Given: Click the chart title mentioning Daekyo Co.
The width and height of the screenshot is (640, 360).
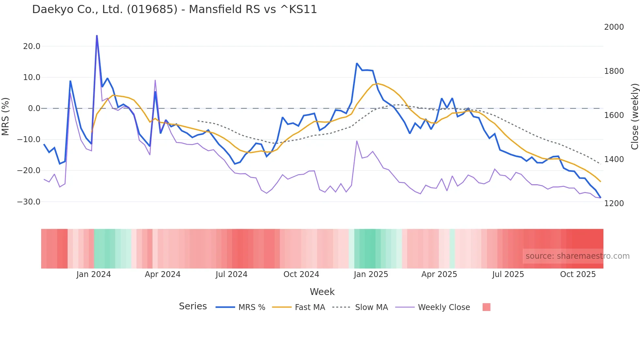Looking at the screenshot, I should pyautogui.click(x=174, y=9).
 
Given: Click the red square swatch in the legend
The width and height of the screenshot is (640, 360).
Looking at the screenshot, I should pyautogui.click(x=486, y=307).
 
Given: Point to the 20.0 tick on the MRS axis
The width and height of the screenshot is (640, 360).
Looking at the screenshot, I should pyautogui.click(x=32, y=46).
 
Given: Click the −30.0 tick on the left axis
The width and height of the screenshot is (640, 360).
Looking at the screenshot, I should pyautogui.click(x=29, y=202).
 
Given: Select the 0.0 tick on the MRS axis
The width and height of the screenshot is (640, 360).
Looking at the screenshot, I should pyautogui.click(x=34, y=108).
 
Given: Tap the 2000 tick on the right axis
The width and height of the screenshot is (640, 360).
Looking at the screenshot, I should pyautogui.click(x=614, y=27).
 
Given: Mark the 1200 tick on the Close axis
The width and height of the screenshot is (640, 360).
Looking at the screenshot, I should pyautogui.click(x=614, y=204).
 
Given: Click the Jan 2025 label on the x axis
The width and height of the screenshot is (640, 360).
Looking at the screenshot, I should pyautogui.click(x=371, y=274).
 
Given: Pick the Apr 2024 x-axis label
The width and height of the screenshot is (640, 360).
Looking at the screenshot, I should pyautogui.click(x=163, y=274).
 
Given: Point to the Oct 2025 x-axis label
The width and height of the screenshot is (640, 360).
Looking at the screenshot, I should pyautogui.click(x=578, y=274).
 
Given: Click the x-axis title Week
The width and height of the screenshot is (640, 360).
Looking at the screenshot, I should pyautogui.click(x=322, y=292).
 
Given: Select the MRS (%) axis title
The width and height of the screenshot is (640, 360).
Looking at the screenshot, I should pyautogui.click(x=5, y=116).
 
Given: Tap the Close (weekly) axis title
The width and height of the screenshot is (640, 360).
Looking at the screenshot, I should pyautogui.click(x=634, y=117).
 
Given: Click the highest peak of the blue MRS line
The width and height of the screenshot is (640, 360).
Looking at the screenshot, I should pyautogui.click(x=97, y=36).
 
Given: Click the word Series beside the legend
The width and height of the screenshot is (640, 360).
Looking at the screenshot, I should pyautogui.click(x=193, y=306).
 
